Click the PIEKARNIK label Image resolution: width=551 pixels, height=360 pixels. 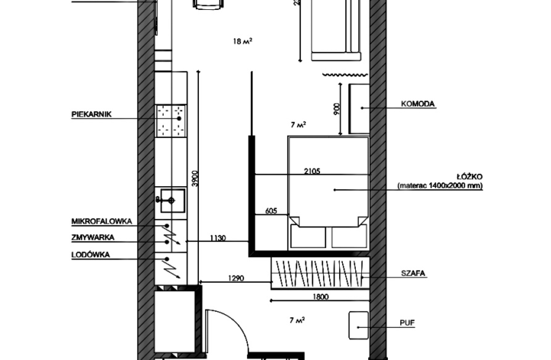pyautogui.click(x=91, y=115)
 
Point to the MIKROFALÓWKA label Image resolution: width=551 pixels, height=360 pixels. pyautogui.click(x=102, y=221)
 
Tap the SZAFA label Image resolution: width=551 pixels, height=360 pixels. pyautogui.click(x=413, y=273)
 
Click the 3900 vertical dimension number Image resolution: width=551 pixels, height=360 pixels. pyautogui.click(x=196, y=178)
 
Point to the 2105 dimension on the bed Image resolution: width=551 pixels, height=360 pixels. pyautogui.click(x=311, y=171)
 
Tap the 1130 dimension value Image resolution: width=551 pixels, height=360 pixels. pyautogui.click(x=217, y=238)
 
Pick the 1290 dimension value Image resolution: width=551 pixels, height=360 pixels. pyautogui.click(x=235, y=279)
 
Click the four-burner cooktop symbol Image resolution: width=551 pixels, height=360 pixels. pyautogui.click(x=172, y=120)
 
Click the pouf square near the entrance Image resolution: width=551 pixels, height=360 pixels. pyautogui.click(x=358, y=326)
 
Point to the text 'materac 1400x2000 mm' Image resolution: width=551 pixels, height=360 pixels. pyautogui.click(x=440, y=186)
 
